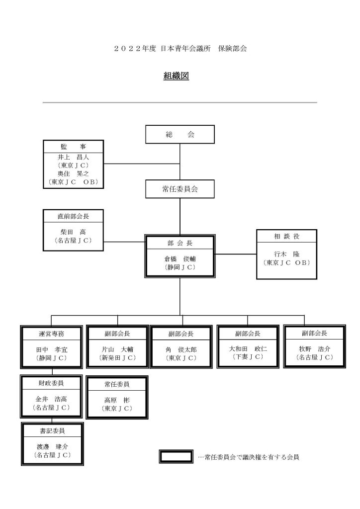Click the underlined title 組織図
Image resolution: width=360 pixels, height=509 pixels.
point(176,76)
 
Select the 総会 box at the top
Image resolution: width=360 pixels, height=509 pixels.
point(180,134)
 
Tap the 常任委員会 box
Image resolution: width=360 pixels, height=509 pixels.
point(180,189)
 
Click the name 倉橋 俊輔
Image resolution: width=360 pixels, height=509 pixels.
point(180,259)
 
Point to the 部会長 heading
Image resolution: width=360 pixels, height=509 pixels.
point(180,243)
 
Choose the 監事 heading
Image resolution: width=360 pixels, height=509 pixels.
point(74,147)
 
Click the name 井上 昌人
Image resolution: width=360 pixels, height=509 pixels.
point(74,157)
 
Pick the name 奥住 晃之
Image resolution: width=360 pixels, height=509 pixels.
point(74,173)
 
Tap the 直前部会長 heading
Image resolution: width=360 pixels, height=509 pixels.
point(74,216)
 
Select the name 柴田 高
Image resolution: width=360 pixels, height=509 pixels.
point(74,233)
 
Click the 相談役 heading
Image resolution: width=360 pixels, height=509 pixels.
point(286,236)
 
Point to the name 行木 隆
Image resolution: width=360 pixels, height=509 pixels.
point(286,254)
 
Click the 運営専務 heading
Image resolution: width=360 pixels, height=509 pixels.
point(52,334)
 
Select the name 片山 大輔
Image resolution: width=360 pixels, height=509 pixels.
point(117,349)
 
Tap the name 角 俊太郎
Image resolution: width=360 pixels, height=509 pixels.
point(181,350)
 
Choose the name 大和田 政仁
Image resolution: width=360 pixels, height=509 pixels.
point(248,348)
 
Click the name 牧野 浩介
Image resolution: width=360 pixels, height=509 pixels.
point(315,349)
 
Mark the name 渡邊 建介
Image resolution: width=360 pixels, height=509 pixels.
point(52,447)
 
